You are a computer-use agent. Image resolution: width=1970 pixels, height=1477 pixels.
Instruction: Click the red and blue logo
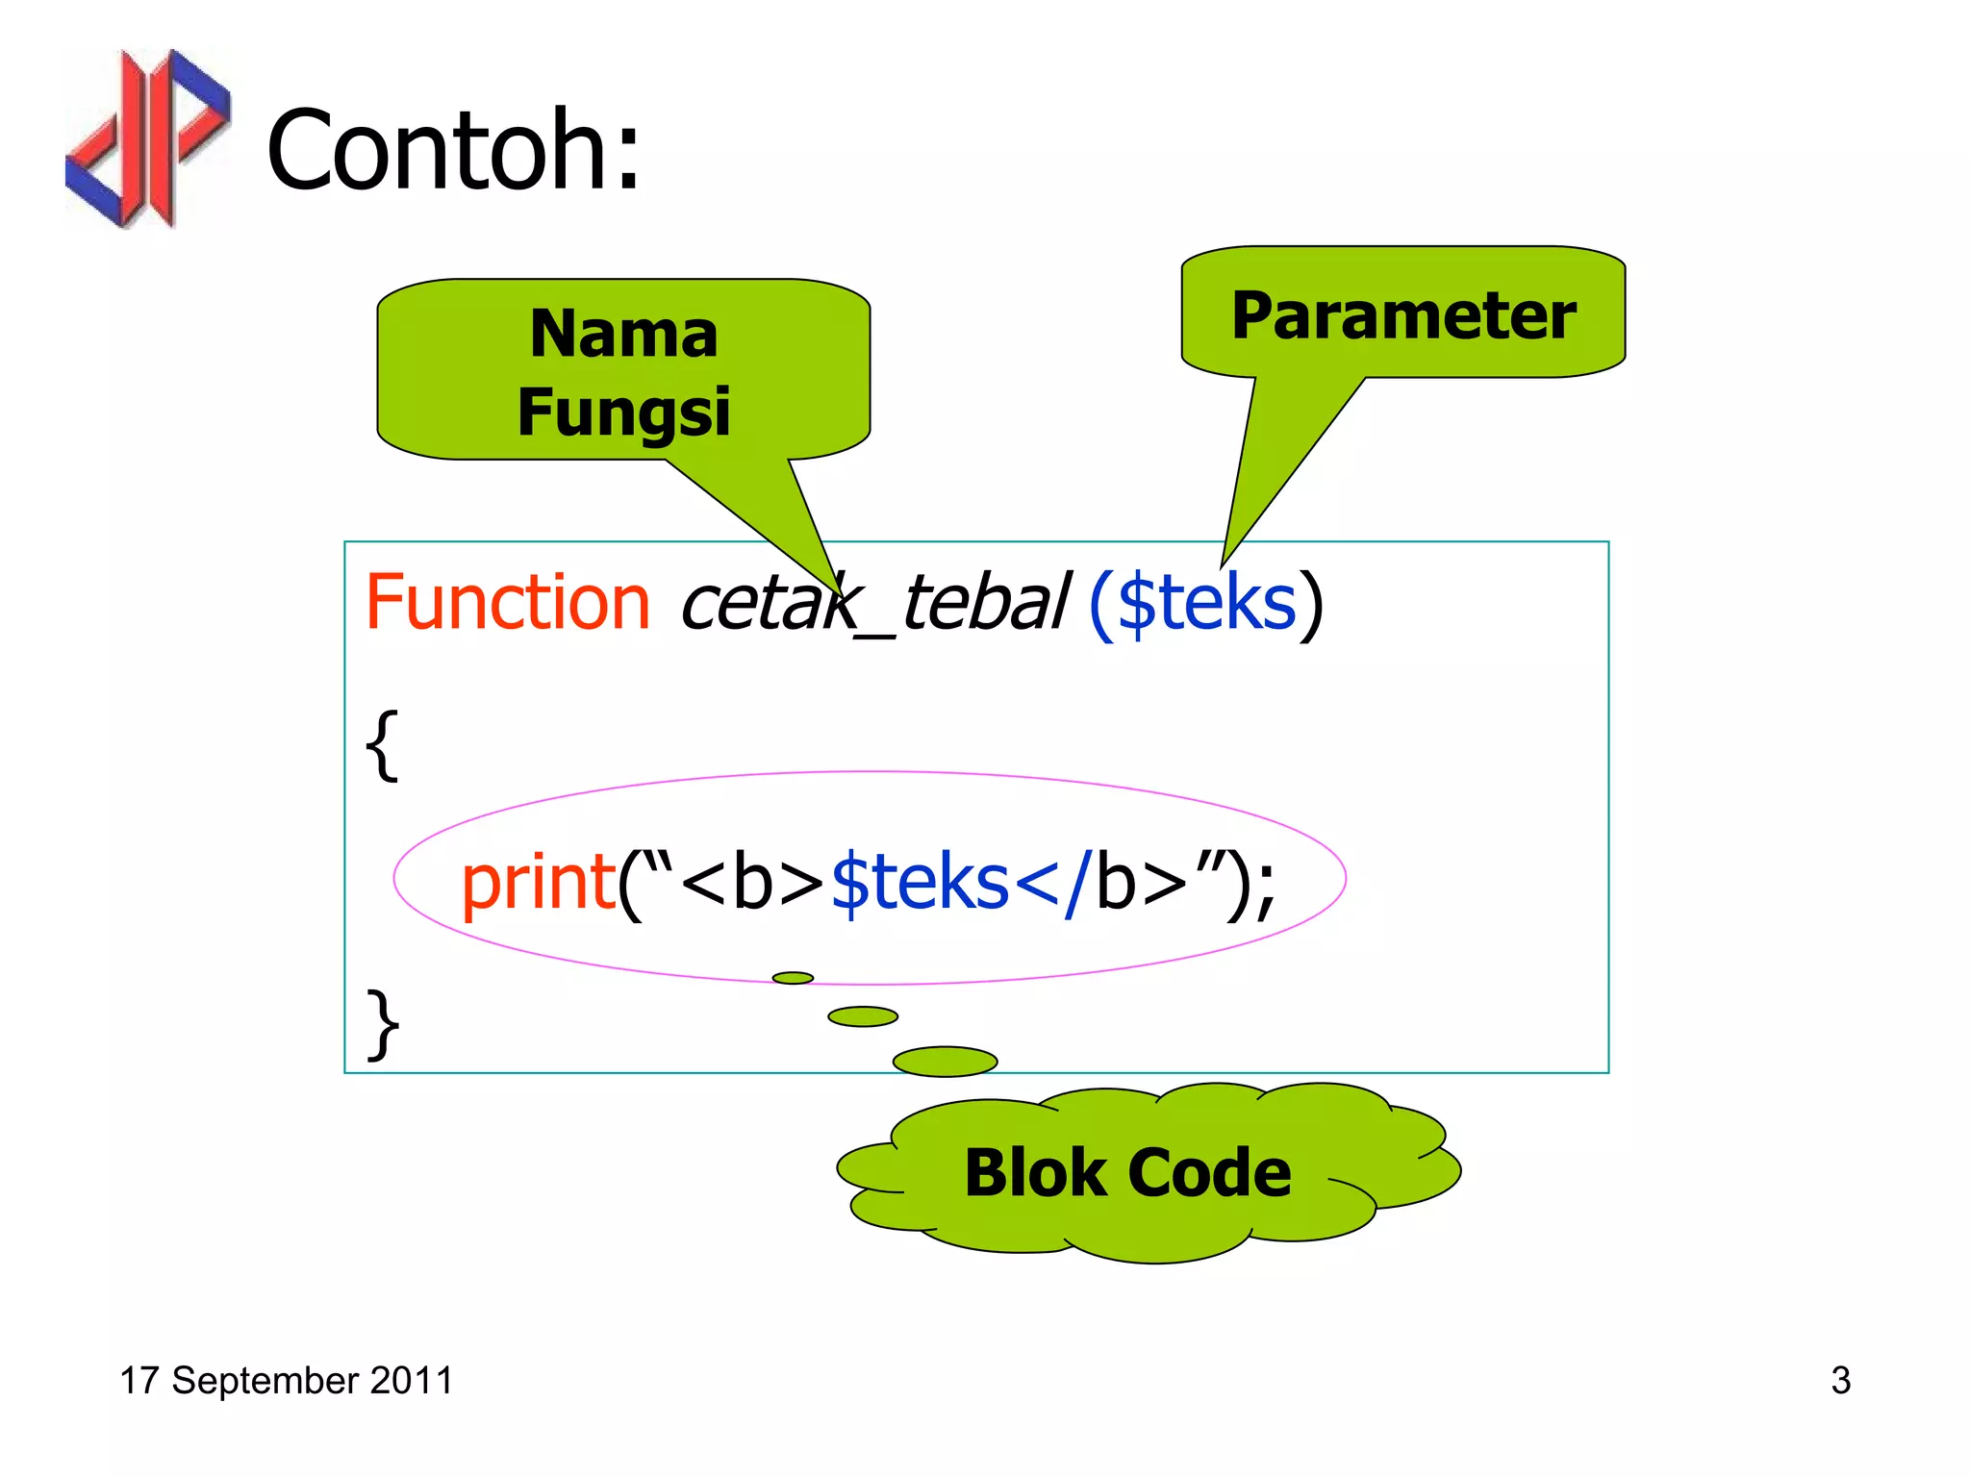(147, 138)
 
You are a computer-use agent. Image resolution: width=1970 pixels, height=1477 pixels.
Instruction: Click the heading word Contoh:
(453, 150)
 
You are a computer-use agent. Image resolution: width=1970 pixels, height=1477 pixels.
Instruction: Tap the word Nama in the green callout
(623, 335)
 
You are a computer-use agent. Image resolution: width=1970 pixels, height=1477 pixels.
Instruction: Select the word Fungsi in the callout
(623, 412)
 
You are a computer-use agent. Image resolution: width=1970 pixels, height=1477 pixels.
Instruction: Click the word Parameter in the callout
(1403, 315)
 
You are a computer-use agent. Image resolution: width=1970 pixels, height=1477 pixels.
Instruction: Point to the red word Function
(508, 603)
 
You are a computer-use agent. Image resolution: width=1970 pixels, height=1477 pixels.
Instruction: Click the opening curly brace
(382, 745)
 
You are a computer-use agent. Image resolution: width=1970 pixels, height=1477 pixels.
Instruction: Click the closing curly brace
(383, 1024)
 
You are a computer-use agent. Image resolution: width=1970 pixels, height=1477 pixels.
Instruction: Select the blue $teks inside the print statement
(919, 882)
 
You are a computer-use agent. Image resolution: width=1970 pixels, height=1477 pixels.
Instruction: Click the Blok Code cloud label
(1127, 1173)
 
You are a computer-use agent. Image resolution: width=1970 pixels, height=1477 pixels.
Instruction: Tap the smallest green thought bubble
(793, 978)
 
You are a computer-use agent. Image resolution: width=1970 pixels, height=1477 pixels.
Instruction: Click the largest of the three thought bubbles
(945, 1061)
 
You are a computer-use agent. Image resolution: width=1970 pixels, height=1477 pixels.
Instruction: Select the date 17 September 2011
(286, 1381)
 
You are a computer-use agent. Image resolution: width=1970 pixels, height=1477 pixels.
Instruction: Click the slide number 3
(1840, 1381)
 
